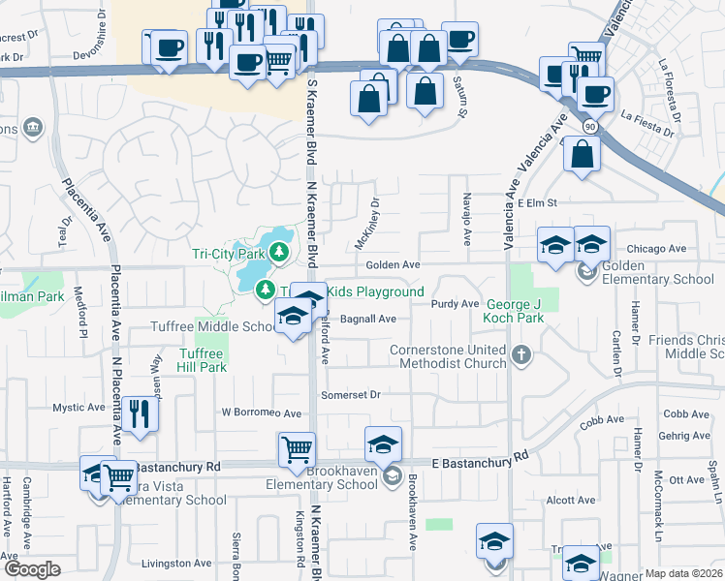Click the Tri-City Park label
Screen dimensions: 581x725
[228, 254]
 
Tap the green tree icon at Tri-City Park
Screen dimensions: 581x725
[279, 254]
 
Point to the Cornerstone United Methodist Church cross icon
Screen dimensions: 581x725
[522, 354]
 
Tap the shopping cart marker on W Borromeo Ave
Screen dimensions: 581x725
[297, 451]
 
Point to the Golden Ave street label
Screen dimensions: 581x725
[393, 265]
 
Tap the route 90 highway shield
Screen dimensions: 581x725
[589, 127]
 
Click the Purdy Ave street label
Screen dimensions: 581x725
[456, 304]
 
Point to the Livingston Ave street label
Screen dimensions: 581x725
[176, 563]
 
